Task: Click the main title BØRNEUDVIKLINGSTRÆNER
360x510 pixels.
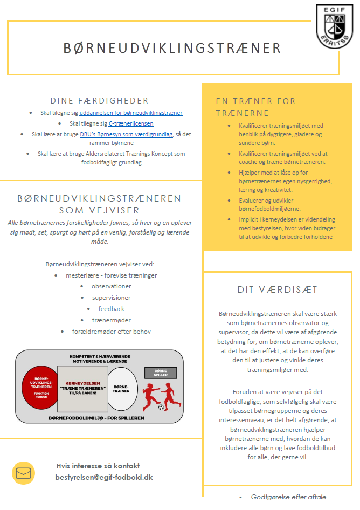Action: point(172,48)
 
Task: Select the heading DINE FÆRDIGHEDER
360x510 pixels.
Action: point(99,100)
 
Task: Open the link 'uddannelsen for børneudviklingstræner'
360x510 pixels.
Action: point(131,113)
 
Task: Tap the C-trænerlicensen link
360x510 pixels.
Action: point(131,123)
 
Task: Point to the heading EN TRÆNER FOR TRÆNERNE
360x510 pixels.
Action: point(255,107)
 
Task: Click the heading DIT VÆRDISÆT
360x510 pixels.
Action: point(278,290)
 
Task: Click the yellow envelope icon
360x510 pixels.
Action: point(23,473)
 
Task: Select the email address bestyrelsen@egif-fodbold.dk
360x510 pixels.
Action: point(104,477)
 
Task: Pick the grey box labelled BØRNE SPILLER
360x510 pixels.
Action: point(161,372)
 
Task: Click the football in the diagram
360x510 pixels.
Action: point(162,407)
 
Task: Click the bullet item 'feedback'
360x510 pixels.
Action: point(111,309)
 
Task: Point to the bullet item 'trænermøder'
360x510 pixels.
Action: point(112,320)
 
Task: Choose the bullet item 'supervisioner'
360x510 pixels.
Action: point(111,298)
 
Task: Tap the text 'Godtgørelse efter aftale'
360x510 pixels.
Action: point(288,497)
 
